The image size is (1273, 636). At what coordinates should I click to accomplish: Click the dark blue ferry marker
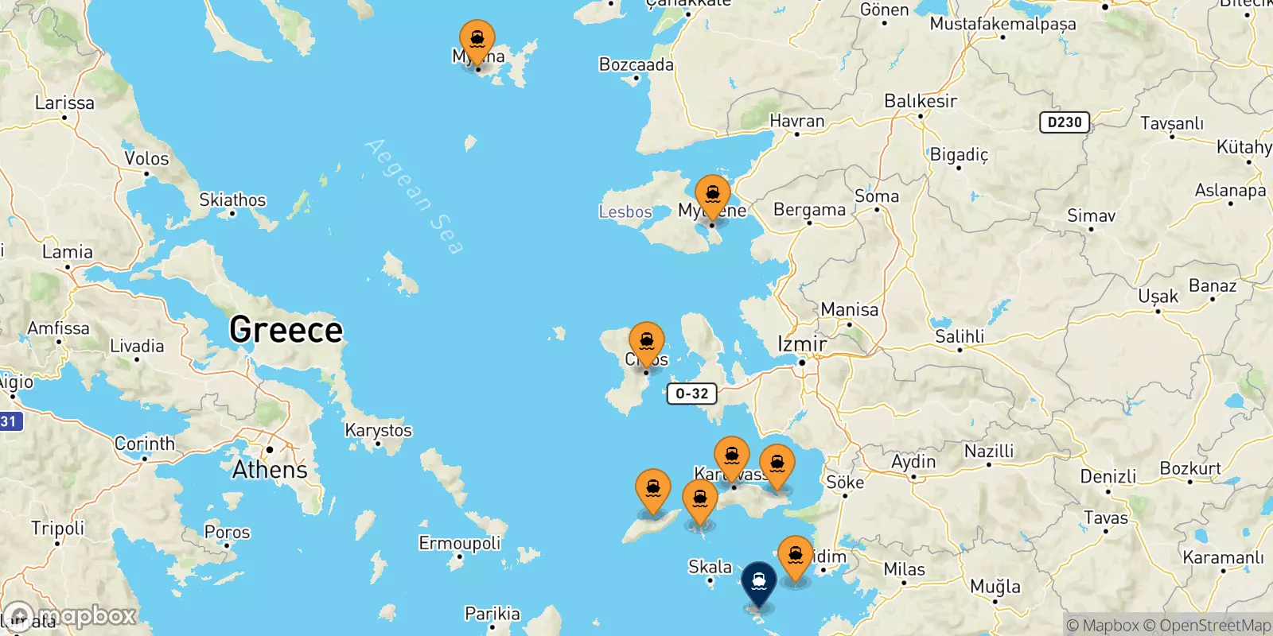[759, 583]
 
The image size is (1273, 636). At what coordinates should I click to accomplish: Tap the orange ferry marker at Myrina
[477, 40]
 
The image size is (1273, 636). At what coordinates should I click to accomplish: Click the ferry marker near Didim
[795, 556]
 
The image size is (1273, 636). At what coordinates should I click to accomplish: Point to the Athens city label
[270, 470]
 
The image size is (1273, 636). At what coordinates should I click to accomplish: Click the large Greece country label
[286, 330]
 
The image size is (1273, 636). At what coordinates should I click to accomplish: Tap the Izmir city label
[802, 344]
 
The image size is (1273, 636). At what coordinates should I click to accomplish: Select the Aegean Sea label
[414, 196]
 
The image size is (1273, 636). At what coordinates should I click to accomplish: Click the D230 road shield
[1065, 122]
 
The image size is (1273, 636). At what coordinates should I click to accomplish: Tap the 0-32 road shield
[691, 394]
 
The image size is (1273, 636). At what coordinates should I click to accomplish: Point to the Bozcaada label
[636, 64]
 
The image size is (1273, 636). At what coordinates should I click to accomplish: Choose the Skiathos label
[232, 200]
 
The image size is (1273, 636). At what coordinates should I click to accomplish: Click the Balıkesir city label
[921, 101]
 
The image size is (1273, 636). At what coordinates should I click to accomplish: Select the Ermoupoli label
[460, 543]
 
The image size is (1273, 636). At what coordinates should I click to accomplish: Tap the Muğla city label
[995, 587]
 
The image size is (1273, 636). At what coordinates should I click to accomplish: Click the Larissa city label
[64, 103]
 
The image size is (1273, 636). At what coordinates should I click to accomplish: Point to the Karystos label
[378, 430]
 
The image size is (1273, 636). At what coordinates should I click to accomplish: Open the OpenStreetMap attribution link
[1215, 626]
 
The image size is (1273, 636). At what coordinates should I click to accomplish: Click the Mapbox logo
[72, 616]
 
